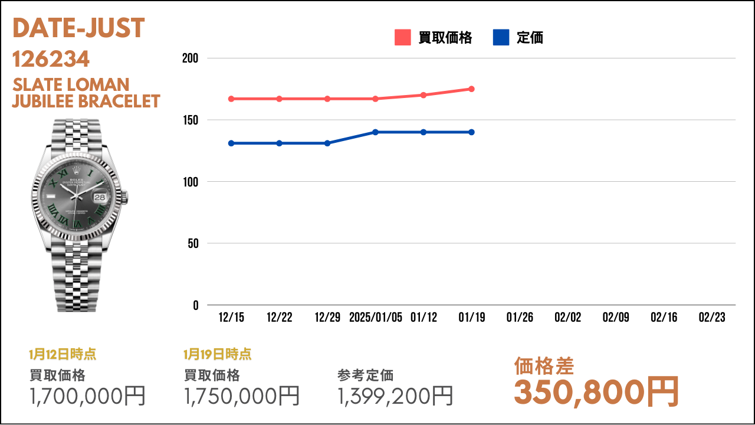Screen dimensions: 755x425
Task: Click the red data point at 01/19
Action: pos(471,89)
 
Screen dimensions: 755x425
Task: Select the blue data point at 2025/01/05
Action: pos(375,132)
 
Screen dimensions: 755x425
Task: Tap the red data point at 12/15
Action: pos(231,99)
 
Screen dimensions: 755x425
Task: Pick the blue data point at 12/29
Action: pos(327,143)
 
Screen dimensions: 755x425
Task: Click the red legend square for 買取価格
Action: pos(402,37)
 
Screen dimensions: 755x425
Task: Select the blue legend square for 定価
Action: pos(501,37)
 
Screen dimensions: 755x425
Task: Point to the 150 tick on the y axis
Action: pos(191,120)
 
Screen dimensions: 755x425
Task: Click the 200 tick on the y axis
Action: pos(190,58)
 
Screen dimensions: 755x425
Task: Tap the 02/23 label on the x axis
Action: pos(712,317)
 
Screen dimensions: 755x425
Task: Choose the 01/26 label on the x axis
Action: pos(520,317)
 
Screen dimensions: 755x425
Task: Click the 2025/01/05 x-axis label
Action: pos(376,317)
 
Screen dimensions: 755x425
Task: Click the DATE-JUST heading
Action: pos(78,28)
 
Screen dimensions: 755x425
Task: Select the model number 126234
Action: pos(51,59)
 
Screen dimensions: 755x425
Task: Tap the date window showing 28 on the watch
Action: pos(100,197)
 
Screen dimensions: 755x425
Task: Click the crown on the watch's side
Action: pos(124,197)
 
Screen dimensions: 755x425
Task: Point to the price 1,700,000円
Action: pos(87,395)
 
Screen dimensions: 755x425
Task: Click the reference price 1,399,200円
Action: pos(395,395)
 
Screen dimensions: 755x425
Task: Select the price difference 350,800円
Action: pos(596,392)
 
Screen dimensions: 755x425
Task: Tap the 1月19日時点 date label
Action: pos(218,354)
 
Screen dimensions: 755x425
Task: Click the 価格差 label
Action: pos(544,366)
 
